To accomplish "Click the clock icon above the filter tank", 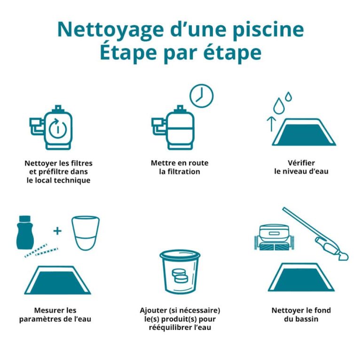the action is coord(202,96).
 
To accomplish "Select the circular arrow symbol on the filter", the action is coord(57,128).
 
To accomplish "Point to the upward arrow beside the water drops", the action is coord(272,124).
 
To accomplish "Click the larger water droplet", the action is coord(279,106).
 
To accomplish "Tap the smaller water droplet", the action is coord(289,97).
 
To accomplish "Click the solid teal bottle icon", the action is coord(25,233).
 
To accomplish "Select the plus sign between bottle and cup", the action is coord(57,231).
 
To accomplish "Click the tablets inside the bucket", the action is coord(180,275).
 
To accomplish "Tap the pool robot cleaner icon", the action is coord(274,237).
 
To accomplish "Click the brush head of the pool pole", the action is coord(344,257).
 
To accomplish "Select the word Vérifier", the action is coord(301,163).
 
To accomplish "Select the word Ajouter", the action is coord(153,310).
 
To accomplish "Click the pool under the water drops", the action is coord(304,132).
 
